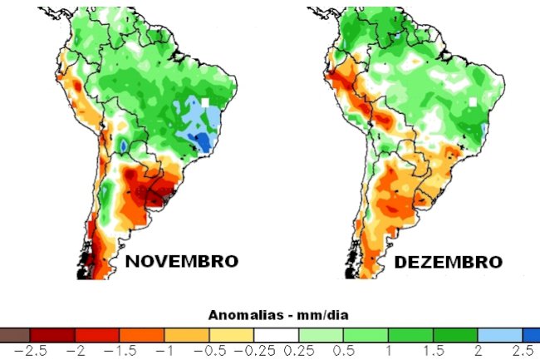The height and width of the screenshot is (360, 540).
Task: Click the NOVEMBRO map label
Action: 181,261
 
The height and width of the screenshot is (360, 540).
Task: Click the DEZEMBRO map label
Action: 448,261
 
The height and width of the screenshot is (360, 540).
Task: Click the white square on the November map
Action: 204,102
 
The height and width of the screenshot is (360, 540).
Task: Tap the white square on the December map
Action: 472,101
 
